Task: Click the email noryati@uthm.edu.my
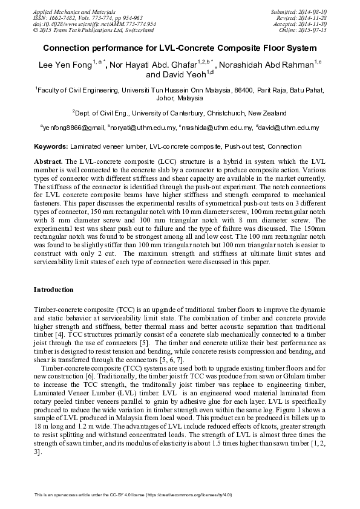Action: point(142,128)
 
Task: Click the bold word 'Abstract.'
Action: point(48,162)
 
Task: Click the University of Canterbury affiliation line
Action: point(180,112)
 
